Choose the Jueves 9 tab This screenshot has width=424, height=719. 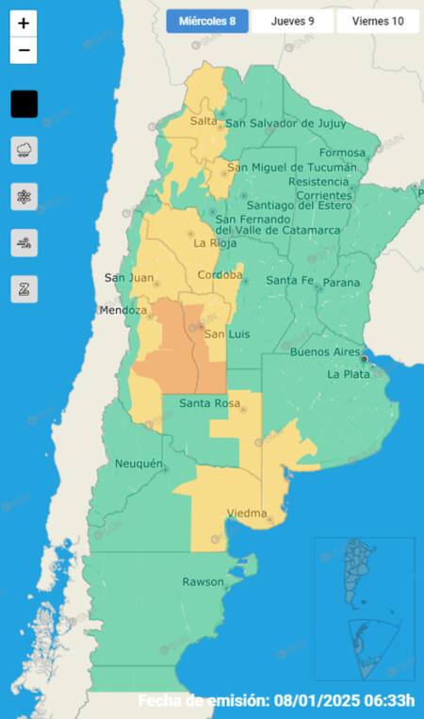coord(292,22)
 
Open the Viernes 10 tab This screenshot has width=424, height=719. coord(377,22)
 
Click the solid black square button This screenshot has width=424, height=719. coord(24,104)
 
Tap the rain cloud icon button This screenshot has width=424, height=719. coord(24,150)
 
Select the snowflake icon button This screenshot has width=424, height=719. coord(24,196)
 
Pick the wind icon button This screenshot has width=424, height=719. coord(24,243)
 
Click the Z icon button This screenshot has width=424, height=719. coord(24,289)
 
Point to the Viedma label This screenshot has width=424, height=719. coord(246,514)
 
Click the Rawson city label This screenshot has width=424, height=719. coord(203,580)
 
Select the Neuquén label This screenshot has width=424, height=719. coord(139,464)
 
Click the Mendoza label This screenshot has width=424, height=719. coord(123,310)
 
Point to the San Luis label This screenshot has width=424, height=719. coord(225,335)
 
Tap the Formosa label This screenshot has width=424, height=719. coord(342,153)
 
